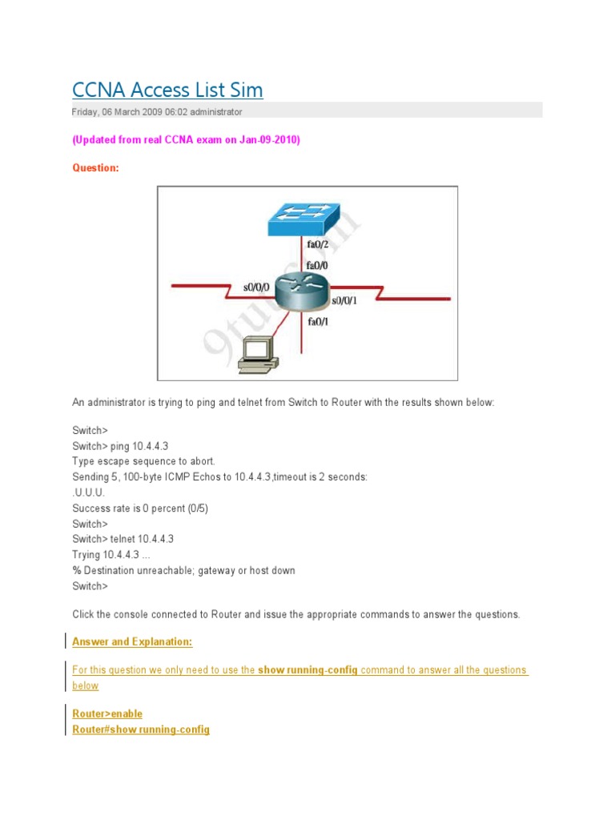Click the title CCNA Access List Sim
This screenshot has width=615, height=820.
pos(167,90)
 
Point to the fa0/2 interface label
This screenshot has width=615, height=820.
pos(318,244)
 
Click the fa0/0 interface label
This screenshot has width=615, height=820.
pos(318,265)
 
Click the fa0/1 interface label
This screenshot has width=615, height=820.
pos(318,322)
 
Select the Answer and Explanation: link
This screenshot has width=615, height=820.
pos(132,641)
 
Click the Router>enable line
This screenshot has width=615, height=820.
pos(107,713)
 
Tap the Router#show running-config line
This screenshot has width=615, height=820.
pos(141,730)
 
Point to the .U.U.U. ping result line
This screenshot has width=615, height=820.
pos(88,492)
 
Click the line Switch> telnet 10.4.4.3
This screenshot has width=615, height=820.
pos(123,539)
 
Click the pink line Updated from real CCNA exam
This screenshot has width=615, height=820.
pos(186,139)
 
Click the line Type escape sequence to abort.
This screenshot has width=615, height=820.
pos(143,461)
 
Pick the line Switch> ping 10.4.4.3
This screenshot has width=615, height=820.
pos(120,445)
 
